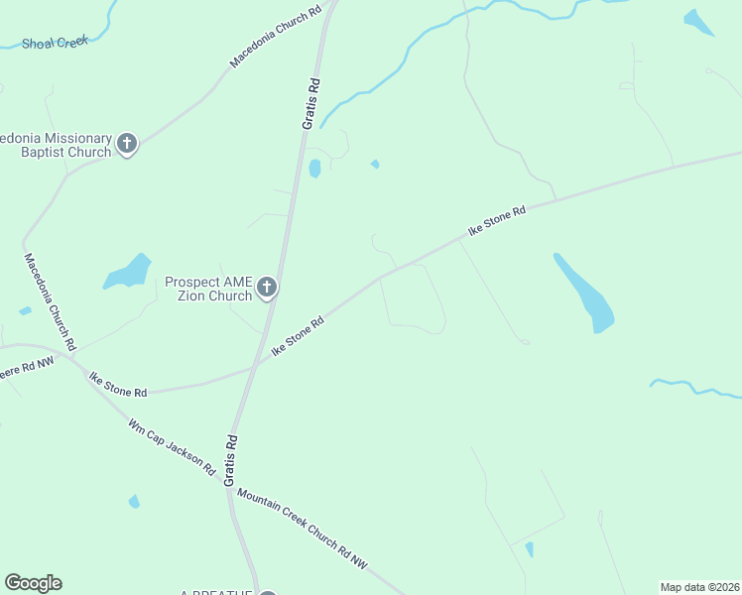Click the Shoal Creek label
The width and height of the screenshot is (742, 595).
56,42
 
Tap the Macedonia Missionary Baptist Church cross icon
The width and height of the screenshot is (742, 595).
126,144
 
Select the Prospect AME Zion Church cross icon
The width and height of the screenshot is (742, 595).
266,289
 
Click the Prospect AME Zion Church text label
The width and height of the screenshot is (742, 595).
208,289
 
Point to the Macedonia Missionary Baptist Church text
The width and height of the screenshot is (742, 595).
55,145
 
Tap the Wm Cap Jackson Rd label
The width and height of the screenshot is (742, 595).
171,446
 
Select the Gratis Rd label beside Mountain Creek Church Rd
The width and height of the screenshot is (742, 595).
229,459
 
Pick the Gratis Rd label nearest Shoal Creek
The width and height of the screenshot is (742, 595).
311,103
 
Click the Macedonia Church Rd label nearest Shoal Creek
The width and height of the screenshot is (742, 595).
276,38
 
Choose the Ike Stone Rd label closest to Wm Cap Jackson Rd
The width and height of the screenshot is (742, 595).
118,385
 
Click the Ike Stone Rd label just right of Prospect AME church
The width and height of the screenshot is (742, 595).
298,336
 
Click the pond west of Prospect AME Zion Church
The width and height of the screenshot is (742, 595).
128,272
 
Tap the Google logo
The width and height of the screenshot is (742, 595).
33,583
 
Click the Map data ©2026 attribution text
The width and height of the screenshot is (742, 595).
699,586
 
